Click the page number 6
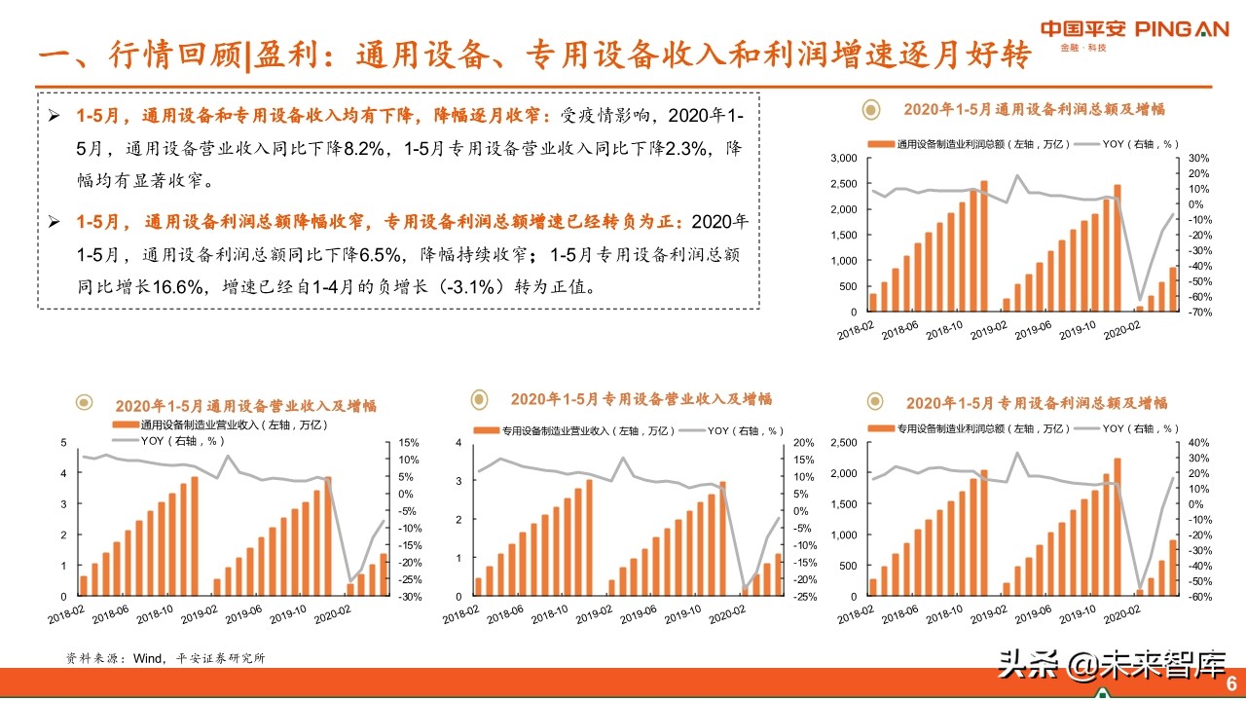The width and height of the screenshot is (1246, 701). click(1230, 681)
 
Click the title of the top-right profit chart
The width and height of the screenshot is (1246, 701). click(1034, 109)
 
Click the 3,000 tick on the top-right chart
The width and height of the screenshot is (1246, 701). click(842, 158)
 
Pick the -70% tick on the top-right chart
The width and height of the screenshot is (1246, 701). click(1199, 313)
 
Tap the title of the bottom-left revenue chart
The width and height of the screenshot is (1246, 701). click(245, 406)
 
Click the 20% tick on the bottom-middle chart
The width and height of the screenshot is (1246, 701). click(804, 443)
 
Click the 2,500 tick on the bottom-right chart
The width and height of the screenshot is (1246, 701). click(842, 443)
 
